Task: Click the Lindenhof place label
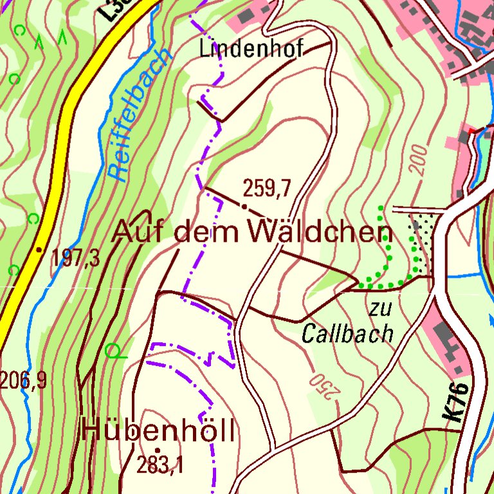coord(251,49)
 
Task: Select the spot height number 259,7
coord(267,188)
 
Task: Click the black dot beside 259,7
coord(244,206)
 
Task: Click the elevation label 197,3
coord(76,258)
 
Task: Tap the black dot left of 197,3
coord(40,250)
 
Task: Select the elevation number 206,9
coord(23,381)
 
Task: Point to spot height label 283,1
coord(160,464)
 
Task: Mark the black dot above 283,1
coord(157,450)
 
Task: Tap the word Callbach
coord(347,333)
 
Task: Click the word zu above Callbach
coord(380,309)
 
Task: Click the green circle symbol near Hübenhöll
coord(113,351)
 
